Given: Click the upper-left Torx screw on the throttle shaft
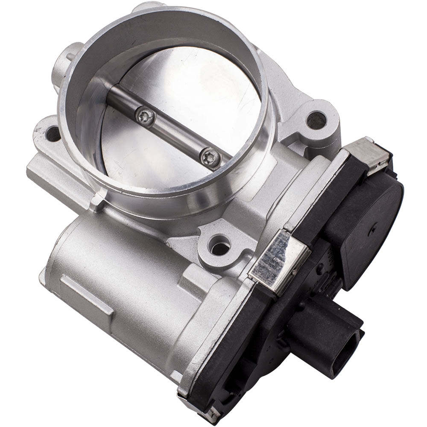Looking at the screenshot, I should [x=145, y=115].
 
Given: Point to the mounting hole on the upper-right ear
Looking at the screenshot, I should [x=316, y=120].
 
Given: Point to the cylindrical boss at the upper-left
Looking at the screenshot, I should [x=64, y=64].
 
